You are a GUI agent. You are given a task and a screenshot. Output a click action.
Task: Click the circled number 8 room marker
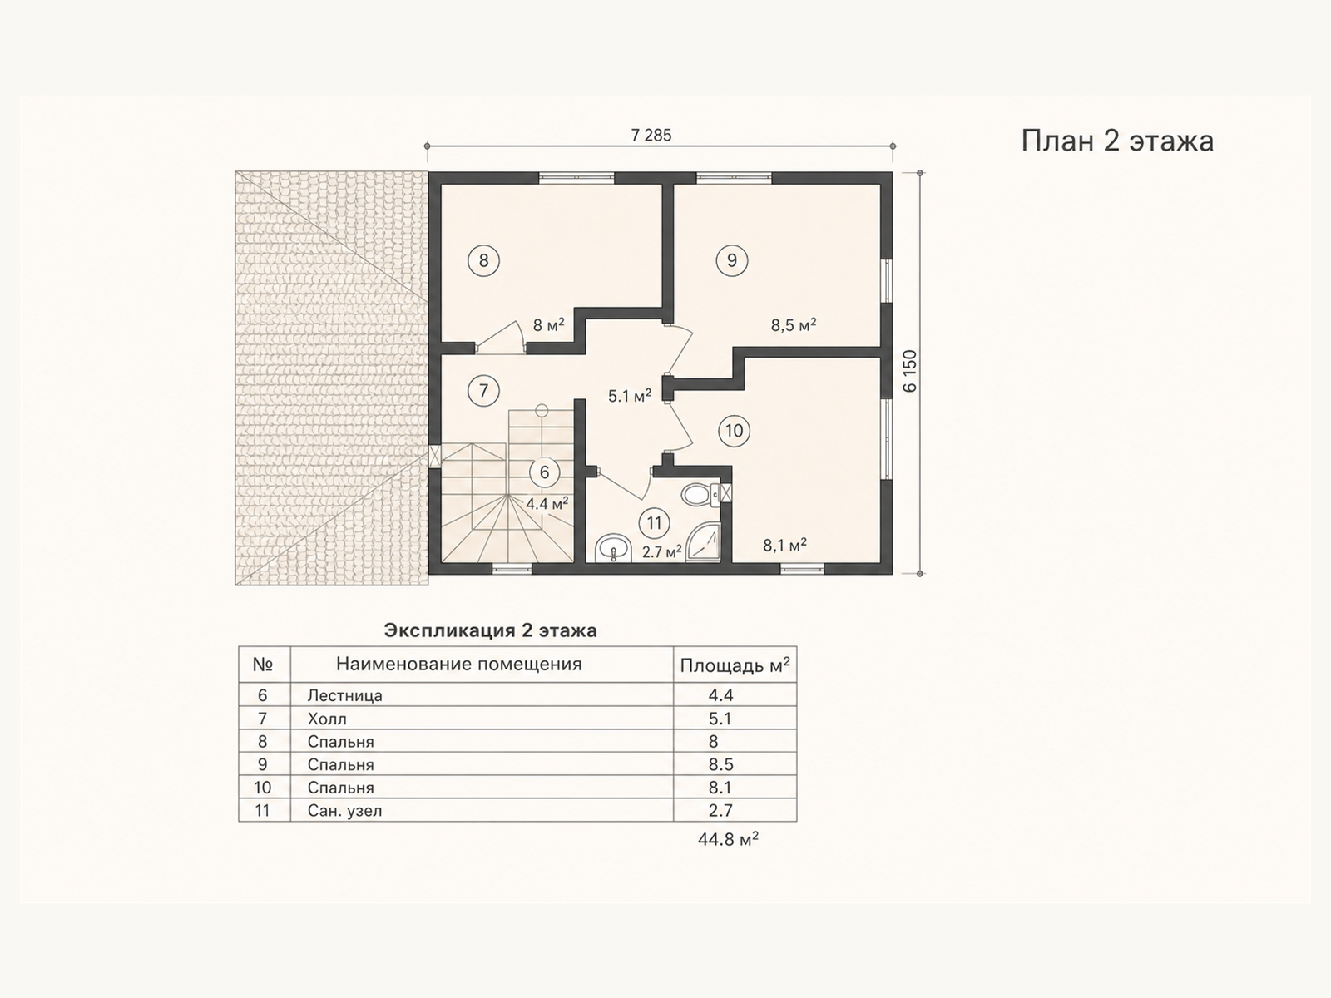tap(483, 260)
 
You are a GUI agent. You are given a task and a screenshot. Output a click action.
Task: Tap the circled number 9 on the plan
tap(732, 260)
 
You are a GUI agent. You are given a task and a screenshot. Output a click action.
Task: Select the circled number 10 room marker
tap(735, 431)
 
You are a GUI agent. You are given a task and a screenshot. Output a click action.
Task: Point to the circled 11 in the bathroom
tap(654, 523)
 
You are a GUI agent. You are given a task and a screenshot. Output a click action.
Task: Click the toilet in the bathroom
tap(700, 495)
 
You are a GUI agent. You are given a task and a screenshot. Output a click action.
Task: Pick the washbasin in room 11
tap(614, 548)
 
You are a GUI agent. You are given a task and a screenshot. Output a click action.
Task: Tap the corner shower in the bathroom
tap(704, 543)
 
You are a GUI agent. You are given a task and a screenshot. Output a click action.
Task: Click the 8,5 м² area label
tap(793, 325)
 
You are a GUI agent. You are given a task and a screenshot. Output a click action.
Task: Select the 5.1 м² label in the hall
tap(630, 396)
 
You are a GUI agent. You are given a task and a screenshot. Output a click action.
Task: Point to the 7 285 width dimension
tap(651, 135)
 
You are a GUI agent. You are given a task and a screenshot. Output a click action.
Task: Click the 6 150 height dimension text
tap(910, 372)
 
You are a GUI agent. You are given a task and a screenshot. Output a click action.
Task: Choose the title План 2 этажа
tap(1117, 141)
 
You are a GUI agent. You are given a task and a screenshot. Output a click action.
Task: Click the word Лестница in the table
tap(344, 695)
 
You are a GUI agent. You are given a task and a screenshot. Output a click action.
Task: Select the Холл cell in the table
tap(327, 719)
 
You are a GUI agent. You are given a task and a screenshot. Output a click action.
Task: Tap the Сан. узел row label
tap(344, 810)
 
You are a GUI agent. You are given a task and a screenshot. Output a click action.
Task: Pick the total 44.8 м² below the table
tap(728, 839)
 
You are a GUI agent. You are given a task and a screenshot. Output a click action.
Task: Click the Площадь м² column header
tap(735, 665)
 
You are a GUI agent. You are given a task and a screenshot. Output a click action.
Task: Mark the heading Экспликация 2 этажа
tap(490, 630)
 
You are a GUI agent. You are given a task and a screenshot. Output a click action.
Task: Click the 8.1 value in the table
tap(720, 787)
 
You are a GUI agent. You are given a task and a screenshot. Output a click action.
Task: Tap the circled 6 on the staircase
tap(544, 472)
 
